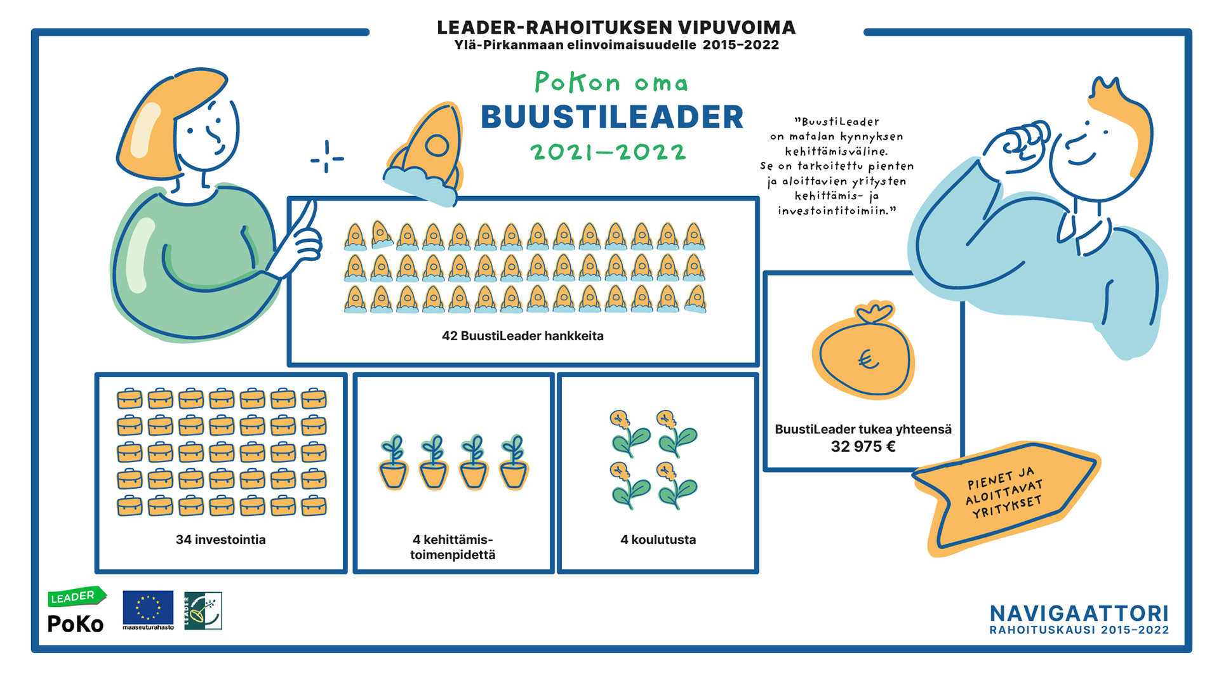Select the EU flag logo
pyautogui.click(x=148, y=607)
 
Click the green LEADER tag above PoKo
pyautogui.click(x=76, y=597)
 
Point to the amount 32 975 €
pyautogui.click(x=863, y=447)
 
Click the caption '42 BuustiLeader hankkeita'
pyautogui.click(x=523, y=336)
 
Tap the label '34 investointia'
pyautogui.click(x=220, y=539)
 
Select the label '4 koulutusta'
pyautogui.click(x=658, y=539)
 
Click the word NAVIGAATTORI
pyautogui.click(x=1079, y=614)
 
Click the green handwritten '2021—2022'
pyautogui.click(x=608, y=152)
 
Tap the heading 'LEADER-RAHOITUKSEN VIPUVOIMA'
pyautogui.click(x=616, y=27)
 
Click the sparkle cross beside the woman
pyautogui.click(x=327, y=157)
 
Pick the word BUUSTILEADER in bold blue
pyautogui.click(x=611, y=117)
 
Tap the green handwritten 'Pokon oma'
pyautogui.click(x=611, y=83)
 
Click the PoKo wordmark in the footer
pyautogui.click(x=76, y=624)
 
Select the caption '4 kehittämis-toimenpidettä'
pyautogui.click(x=453, y=547)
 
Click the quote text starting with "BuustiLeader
pyautogui.click(x=837, y=166)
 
